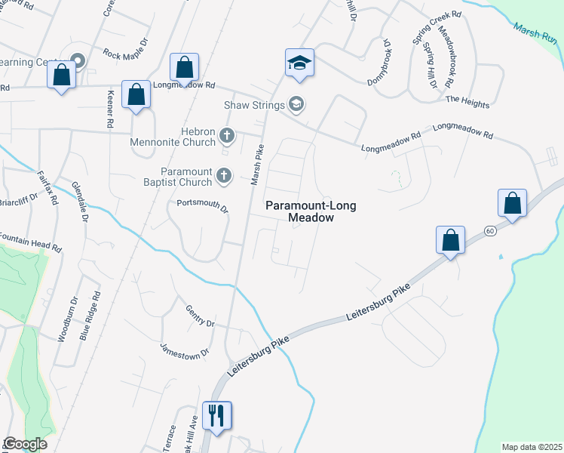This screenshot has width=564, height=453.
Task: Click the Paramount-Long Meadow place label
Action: pyautogui.click(x=299, y=211)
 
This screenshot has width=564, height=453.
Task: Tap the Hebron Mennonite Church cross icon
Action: pyautogui.click(x=226, y=137)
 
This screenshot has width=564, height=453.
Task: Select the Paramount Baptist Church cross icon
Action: pyautogui.click(x=223, y=176)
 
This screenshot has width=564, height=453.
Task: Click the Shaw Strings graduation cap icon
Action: pyautogui.click(x=297, y=104)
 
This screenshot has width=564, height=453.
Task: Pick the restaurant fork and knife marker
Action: pyautogui.click(x=216, y=414)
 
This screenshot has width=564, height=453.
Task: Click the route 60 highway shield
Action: pyautogui.click(x=490, y=232)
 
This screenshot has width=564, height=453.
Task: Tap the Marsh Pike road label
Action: pyautogui.click(x=257, y=165)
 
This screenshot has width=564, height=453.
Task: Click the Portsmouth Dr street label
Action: pyautogui.click(x=202, y=204)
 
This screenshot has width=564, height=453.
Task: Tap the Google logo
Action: pyautogui.click(x=25, y=444)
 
